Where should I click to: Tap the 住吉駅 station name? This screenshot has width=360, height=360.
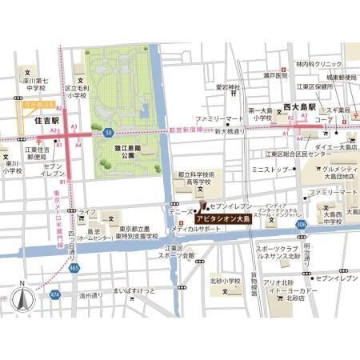click(48, 120)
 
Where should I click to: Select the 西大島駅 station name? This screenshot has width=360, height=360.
click(300, 105)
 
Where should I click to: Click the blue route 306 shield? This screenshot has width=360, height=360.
click(300, 226)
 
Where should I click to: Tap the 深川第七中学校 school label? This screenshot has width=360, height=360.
click(35, 84)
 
